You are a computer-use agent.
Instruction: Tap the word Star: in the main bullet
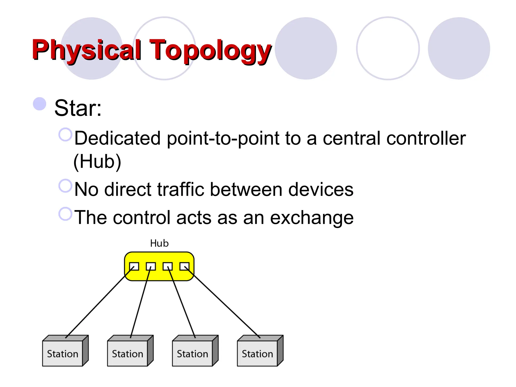pos(78,108)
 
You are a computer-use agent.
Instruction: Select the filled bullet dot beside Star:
pos(40,104)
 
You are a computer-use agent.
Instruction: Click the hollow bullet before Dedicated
pos(65,134)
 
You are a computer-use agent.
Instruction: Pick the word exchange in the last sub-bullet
pos(312,218)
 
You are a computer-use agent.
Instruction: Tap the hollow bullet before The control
pos(65,214)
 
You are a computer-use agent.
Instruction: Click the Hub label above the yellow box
pos(159,243)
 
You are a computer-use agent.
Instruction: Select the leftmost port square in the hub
pos(134,266)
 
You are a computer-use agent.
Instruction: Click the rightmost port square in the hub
pos(184,266)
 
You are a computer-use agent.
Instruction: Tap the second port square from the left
pos(151,266)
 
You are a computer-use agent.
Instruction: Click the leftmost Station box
pos(62,353)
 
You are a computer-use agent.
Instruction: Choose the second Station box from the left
pos(127,353)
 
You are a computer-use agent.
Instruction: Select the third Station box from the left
pos(192,353)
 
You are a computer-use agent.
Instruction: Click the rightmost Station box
pos(257,353)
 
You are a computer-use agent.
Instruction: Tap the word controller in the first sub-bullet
pos(426,138)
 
